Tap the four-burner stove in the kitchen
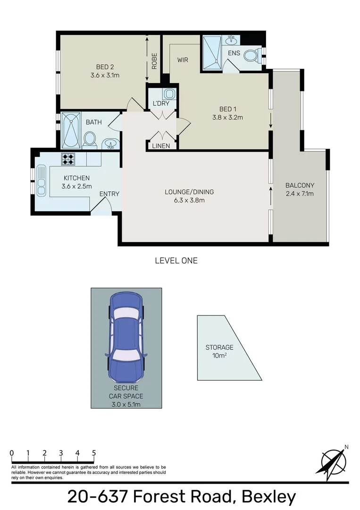(68, 159)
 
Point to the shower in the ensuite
(212, 50)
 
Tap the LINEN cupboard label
(161, 146)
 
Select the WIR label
(183, 60)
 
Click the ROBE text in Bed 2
(154, 60)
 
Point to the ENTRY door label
(109, 194)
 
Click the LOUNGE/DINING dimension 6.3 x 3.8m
(189, 200)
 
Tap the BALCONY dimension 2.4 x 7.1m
(300, 194)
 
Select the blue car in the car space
(126, 338)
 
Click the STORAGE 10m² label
(219, 351)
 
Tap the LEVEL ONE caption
(176, 261)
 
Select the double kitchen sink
(41, 181)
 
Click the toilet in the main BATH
(89, 139)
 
